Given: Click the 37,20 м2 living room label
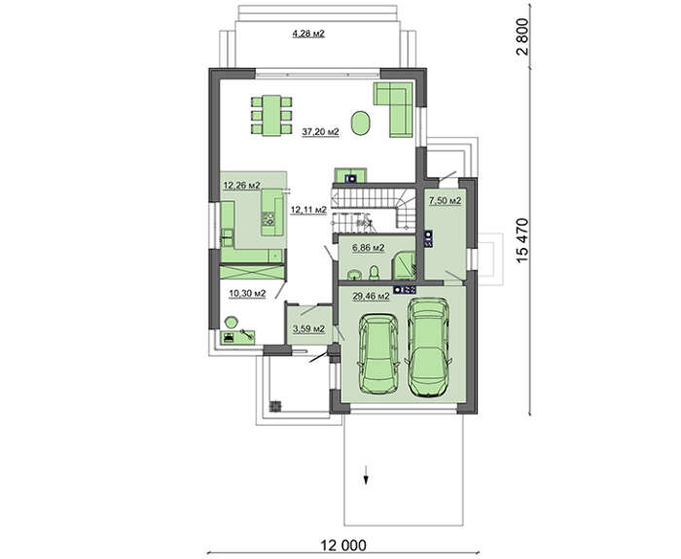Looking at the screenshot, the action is pos(320,132).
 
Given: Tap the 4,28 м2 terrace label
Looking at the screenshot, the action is pos(308,33).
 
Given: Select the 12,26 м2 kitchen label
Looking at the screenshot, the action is pos(241,186).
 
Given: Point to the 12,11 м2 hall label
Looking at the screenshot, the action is pos(308,210).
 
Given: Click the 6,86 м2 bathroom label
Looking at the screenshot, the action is pos(369,248).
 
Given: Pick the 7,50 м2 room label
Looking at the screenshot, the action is pos(446,201).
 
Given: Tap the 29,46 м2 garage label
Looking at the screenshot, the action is pos(371,297).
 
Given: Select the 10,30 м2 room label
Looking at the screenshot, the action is pos(247,294).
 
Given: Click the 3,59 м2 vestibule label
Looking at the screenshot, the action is pos(308,329).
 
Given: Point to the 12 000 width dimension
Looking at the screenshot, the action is pos(343,544).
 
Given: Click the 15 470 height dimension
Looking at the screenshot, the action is pos(523,239).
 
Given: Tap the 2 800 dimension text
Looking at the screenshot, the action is pos(523,37).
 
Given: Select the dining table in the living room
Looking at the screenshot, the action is pos(271,116).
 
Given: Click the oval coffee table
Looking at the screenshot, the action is pos(361,123).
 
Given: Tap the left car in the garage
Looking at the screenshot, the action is pos(377,355).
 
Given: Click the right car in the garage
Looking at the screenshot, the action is pos(428,347).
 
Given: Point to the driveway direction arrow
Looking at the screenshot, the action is pos(366,474).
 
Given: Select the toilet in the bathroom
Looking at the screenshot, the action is pos(374,272).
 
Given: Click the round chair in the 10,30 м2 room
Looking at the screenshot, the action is pos(232,323).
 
